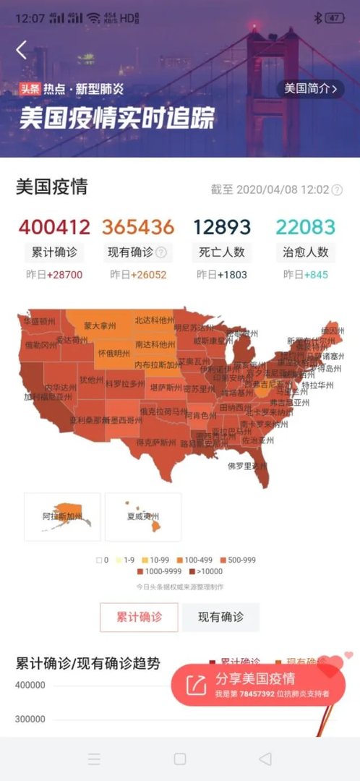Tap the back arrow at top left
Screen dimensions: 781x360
coord(22,50)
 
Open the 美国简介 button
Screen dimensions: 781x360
coord(310,88)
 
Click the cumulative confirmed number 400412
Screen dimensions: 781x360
coord(54,227)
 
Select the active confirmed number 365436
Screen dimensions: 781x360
coord(138,227)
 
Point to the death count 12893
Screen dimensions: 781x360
coord(221,227)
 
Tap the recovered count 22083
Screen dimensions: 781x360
coord(305,227)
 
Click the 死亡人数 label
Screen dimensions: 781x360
coord(221,252)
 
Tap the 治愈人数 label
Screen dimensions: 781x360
coord(305,252)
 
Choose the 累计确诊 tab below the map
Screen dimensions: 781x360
coord(139,617)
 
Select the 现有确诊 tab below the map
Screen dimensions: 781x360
coord(220,617)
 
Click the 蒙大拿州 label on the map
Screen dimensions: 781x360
coord(99,325)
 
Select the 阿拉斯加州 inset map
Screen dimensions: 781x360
coord(62,516)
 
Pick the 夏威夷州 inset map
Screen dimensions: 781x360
coord(143,516)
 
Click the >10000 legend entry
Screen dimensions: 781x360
coord(207,572)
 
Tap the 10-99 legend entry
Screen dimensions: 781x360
coord(157,560)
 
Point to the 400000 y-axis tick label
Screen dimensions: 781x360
coord(30,686)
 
